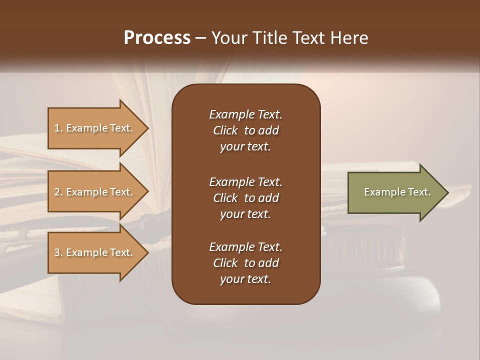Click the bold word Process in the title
(157, 38)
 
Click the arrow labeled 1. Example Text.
(93, 128)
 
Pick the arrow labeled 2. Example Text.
(93, 192)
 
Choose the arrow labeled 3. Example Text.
(93, 252)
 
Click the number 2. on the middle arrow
(58, 192)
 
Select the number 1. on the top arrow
(58, 128)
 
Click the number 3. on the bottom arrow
(58, 252)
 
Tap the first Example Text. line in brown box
(245, 114)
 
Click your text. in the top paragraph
(245, 147)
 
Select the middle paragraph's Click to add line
(245, 198)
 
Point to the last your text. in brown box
(245, 279)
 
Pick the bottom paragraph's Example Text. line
(245, 247)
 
